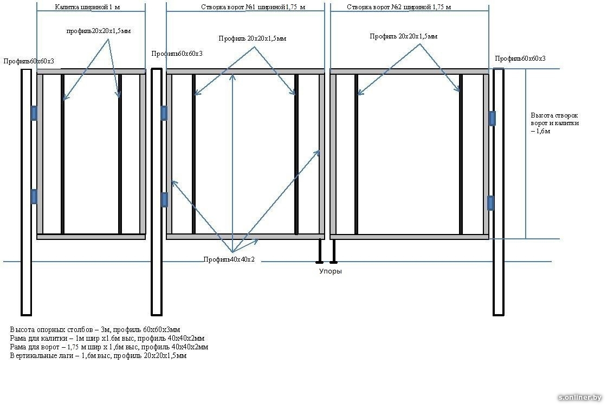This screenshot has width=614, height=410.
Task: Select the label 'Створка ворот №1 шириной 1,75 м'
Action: [245, 8]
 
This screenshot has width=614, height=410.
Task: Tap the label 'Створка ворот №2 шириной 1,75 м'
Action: [398, 8]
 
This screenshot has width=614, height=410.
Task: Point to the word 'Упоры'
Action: [330, 271]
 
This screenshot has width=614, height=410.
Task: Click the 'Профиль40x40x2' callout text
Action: [229, 260]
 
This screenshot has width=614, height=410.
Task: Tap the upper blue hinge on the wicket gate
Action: [34, 113]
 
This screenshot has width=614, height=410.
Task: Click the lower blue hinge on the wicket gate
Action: [34, 196]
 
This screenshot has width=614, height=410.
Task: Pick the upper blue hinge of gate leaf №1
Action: [164, 113]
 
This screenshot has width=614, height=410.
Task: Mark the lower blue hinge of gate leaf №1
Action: [164, 199]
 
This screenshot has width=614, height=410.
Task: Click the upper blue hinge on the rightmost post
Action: [492, 118]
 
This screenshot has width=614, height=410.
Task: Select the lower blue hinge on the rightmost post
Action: [491, 203]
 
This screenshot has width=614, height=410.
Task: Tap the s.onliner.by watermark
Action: [580, 398]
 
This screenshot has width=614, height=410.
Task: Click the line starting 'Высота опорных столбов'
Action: [95, 329]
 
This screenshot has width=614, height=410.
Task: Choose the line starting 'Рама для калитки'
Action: [107, 338]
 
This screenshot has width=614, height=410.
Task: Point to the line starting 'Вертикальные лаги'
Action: [98, 356]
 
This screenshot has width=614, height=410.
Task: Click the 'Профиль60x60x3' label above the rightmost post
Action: [520, 58]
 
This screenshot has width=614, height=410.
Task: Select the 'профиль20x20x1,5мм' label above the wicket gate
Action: [99, 31]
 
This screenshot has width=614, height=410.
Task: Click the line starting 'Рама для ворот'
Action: [109, 347]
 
